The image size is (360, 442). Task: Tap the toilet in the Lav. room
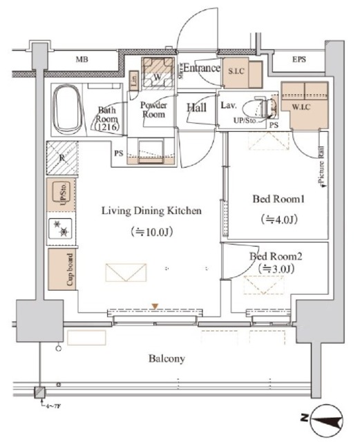point(264,106)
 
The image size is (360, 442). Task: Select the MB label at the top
point(82,60)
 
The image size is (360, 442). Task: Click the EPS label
point(299,60)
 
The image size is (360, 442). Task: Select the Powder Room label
point(153,110)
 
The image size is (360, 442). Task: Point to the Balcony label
point(167,359)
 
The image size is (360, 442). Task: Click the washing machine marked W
point(155,77)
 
